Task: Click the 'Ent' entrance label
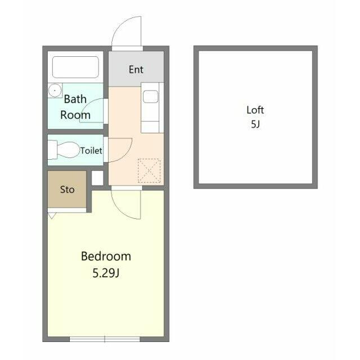(x=136, y=70)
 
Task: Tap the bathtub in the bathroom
(x=75, y=67)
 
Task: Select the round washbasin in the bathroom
(x=55, y=91)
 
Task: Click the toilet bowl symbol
(x=65, y=150)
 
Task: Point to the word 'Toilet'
(x=91, y=151)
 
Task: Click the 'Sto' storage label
(x=67, y=190)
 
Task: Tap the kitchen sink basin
(x=150, y=96)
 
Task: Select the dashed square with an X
(x=149, y=170)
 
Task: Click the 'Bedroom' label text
(x=106, y=256)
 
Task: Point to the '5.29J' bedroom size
(x=106, y=273)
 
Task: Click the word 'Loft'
(x=255, y=110)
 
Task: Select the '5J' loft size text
(x=255, y=124)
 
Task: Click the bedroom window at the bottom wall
(x=105, y=339)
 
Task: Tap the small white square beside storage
(x=97, y=178)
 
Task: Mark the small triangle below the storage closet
(x=52, y=215)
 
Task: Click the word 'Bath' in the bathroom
(x=75, y=99)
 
